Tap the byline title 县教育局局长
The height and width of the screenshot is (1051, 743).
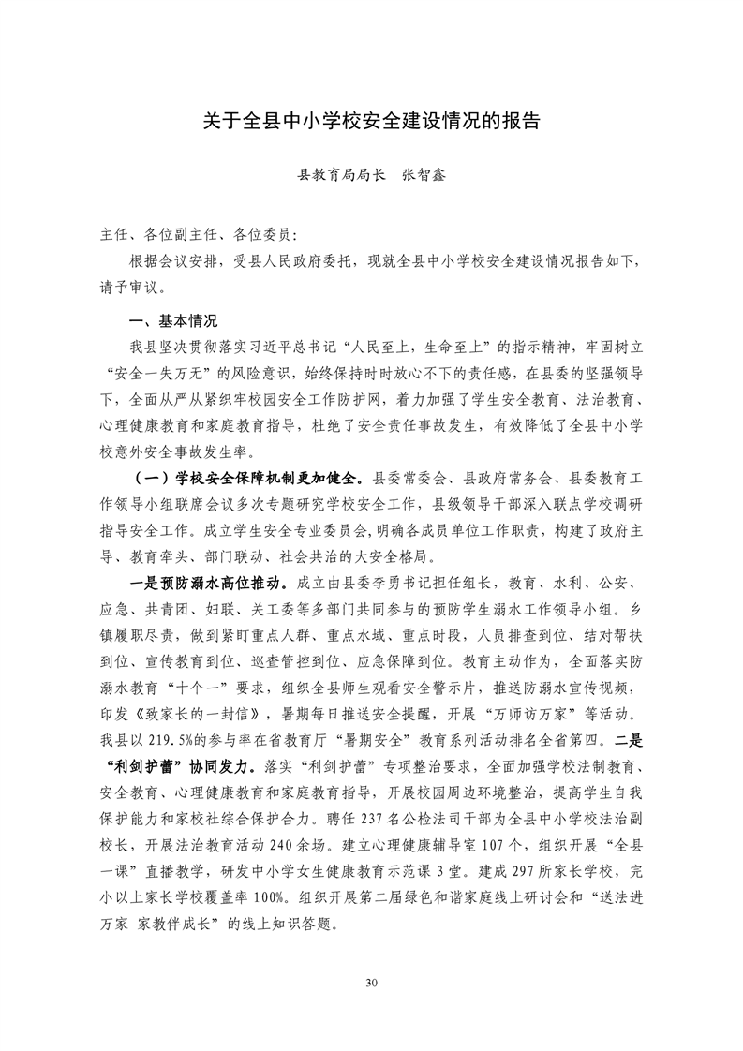(x=341, y=174)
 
